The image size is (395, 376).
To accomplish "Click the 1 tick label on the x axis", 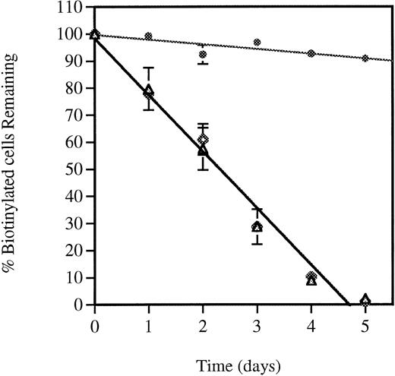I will [x=149, y=321].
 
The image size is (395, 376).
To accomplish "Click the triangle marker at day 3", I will [x=258, y=226].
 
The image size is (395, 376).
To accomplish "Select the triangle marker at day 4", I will [x=311, y=280].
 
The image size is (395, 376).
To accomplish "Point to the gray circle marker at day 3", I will [x=258, y=43].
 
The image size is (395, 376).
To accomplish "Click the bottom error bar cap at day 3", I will [x=258, y=243].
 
